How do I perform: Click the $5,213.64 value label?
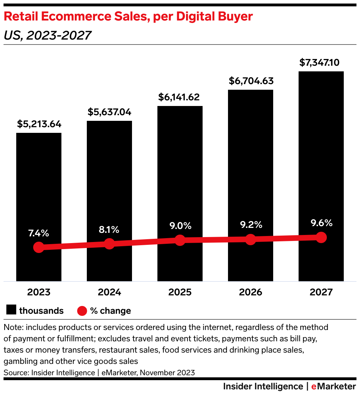[x=39, y=124]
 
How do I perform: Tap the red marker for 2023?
[x=38, y=247]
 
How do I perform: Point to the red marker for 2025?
[x=180, y=240]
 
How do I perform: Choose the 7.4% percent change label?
[x=39, y=233]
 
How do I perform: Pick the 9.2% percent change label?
[x=251, y=224]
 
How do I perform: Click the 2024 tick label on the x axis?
[x=109, y=292]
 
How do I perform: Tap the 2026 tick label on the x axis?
[x=251, y=292]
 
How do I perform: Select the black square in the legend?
[x=11, y=310]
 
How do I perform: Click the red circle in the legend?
[x=82, y=311]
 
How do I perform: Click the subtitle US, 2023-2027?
[x=47, y=35]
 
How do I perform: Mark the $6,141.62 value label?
[x=180, y=97]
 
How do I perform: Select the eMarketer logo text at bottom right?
[x=334, y=386]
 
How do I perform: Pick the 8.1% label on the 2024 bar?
[x=109, y=229]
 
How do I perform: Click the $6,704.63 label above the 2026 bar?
[x=251, y=81]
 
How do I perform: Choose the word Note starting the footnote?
[x=12, y=327]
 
